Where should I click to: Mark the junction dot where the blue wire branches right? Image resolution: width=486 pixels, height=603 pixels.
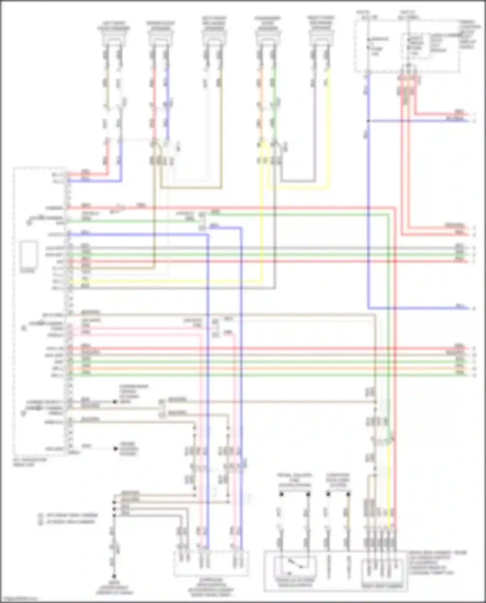[x=368, y=121]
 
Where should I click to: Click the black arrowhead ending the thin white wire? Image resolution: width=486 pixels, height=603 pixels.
[x=116, y=449]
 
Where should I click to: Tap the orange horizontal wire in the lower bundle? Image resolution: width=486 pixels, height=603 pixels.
[x=259, y=368]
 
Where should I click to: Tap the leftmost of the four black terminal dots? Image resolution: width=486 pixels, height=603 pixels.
[x=282, y=494]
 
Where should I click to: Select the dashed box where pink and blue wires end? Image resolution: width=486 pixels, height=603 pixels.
[x=211, y=563]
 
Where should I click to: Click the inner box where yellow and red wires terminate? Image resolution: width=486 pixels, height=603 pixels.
[x=382, y=572]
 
